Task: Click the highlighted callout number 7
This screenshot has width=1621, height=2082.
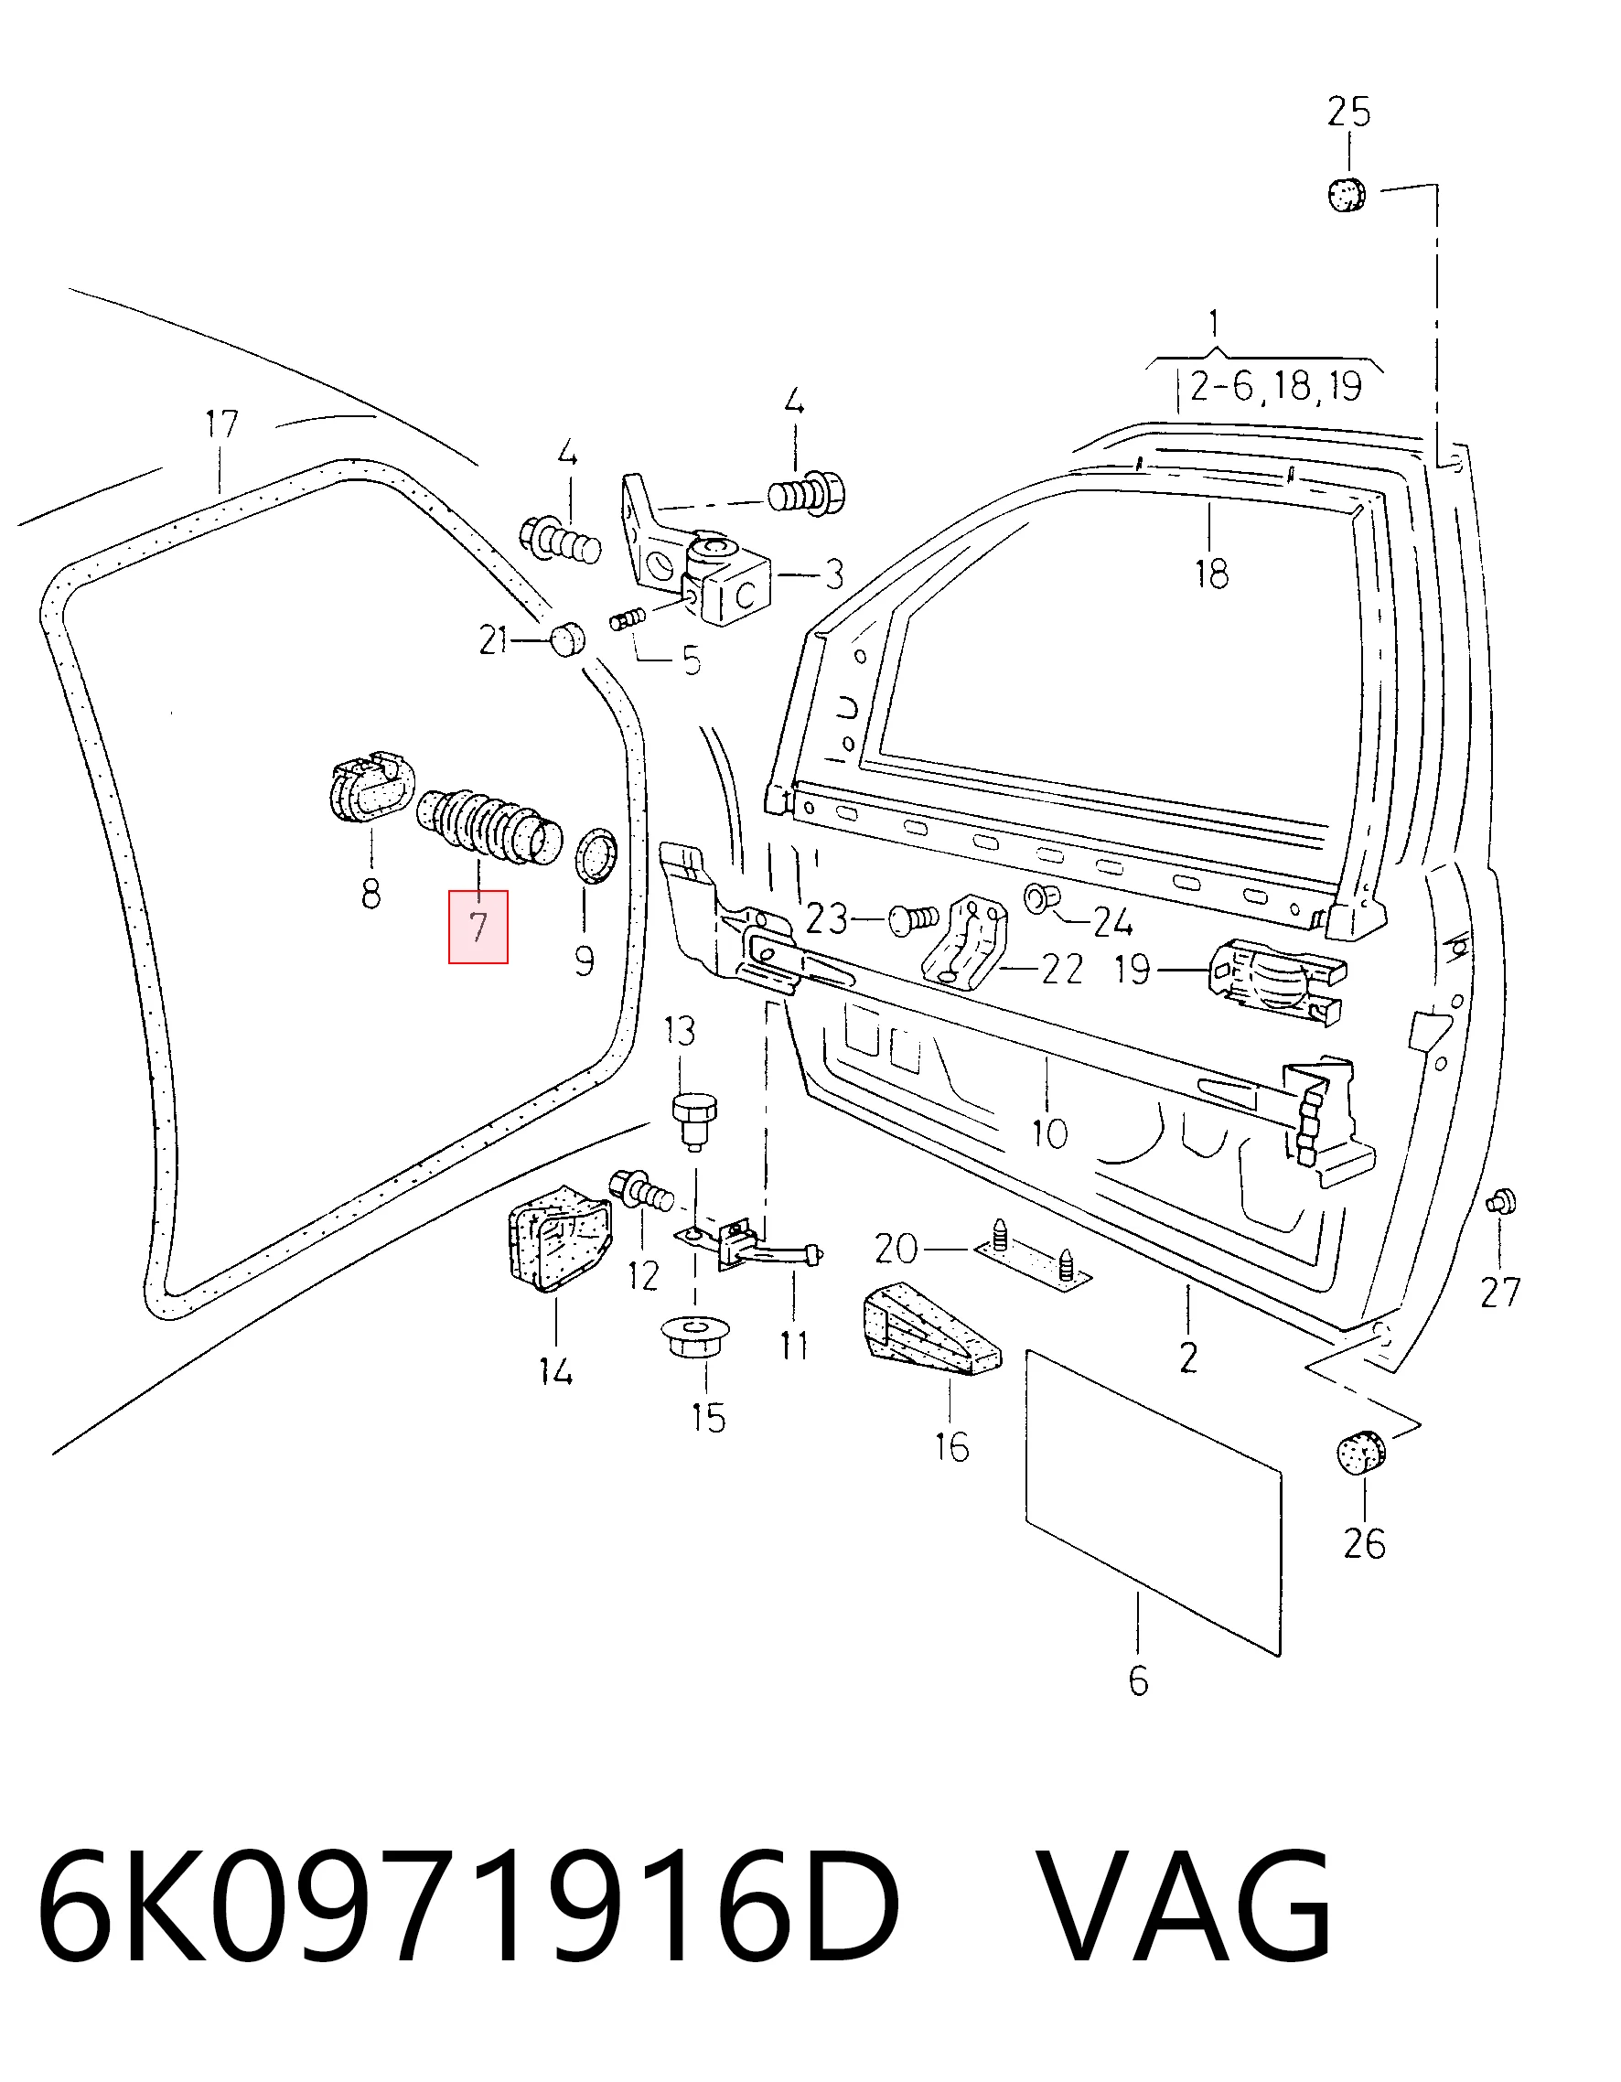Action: coord(478,926)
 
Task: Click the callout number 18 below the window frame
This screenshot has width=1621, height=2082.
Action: coord(1211,574)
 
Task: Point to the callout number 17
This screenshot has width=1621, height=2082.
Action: coord(221,425)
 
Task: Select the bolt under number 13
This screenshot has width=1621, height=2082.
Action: coord(694,1122)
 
